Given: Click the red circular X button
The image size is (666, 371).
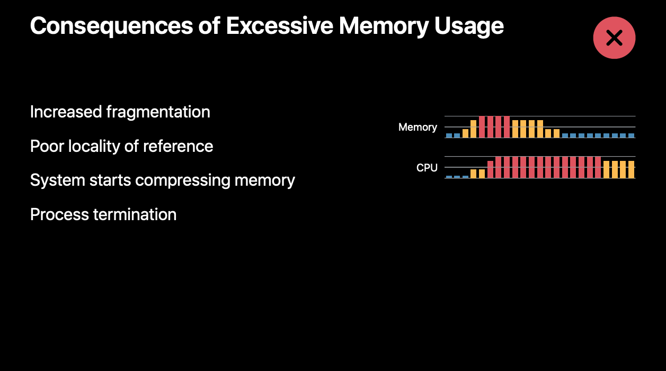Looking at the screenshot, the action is [614, 38].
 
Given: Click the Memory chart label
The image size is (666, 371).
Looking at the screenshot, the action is [418, 128].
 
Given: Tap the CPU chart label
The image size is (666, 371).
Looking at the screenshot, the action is [427, 168].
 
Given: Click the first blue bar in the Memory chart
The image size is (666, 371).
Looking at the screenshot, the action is [449, 135].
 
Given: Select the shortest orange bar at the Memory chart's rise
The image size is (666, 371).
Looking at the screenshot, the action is [465, 133].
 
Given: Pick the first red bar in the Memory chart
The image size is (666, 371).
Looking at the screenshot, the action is [482, 127].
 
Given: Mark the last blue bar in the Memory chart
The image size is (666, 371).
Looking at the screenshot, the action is [631, 135].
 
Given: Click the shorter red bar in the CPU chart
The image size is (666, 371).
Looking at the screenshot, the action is [491, 169].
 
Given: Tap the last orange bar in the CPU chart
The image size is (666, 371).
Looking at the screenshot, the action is [631, 169].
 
